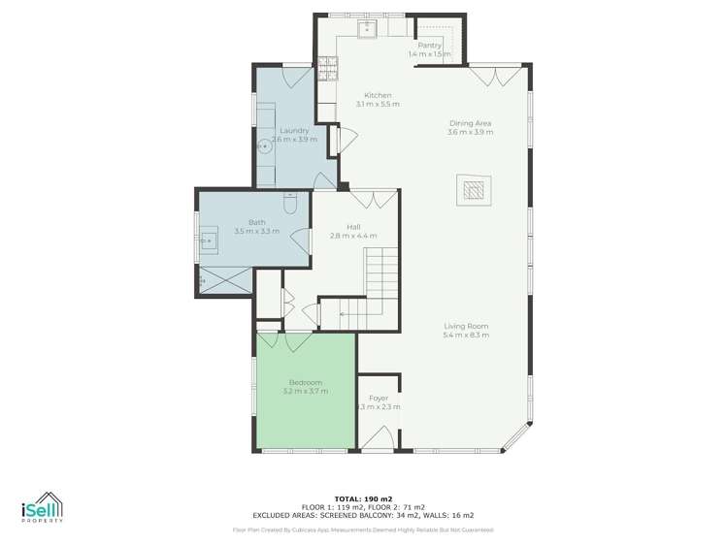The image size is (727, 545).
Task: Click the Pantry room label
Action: pos(430,46)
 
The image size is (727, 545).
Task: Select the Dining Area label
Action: pos(471,123)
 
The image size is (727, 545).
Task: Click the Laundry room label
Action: pos(294,130)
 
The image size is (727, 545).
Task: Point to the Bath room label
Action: pos(256,222)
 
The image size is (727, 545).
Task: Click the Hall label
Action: pos(353,226)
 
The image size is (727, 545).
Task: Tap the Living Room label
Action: pos(466,326)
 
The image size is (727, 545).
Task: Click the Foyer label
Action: pos(379,398)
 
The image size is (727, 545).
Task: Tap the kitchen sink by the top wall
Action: pos(370,28)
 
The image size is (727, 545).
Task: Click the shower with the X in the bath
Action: pos(225,281)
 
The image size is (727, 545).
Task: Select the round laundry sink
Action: pos(263,147)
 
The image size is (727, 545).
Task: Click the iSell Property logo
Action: pos(41,507)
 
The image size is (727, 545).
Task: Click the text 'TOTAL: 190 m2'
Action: pos(363,496)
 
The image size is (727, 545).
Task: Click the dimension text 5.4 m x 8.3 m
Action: pos(466,336)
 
